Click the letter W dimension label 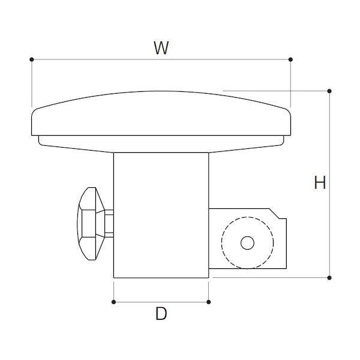tap(161, 48)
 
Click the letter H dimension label tap(320, 182)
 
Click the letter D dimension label tap(161, 313)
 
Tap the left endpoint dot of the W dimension tap(32, 59)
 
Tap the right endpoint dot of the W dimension tap(290, 59)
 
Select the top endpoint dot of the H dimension tap(329, 91)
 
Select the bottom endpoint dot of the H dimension tap(329, 278)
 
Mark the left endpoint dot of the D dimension tap(113, 302)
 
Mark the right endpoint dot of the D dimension tap(208, 302)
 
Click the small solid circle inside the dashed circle tap(247, 242)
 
